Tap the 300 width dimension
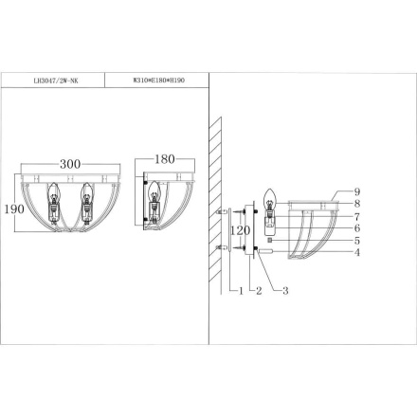point(70,164)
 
